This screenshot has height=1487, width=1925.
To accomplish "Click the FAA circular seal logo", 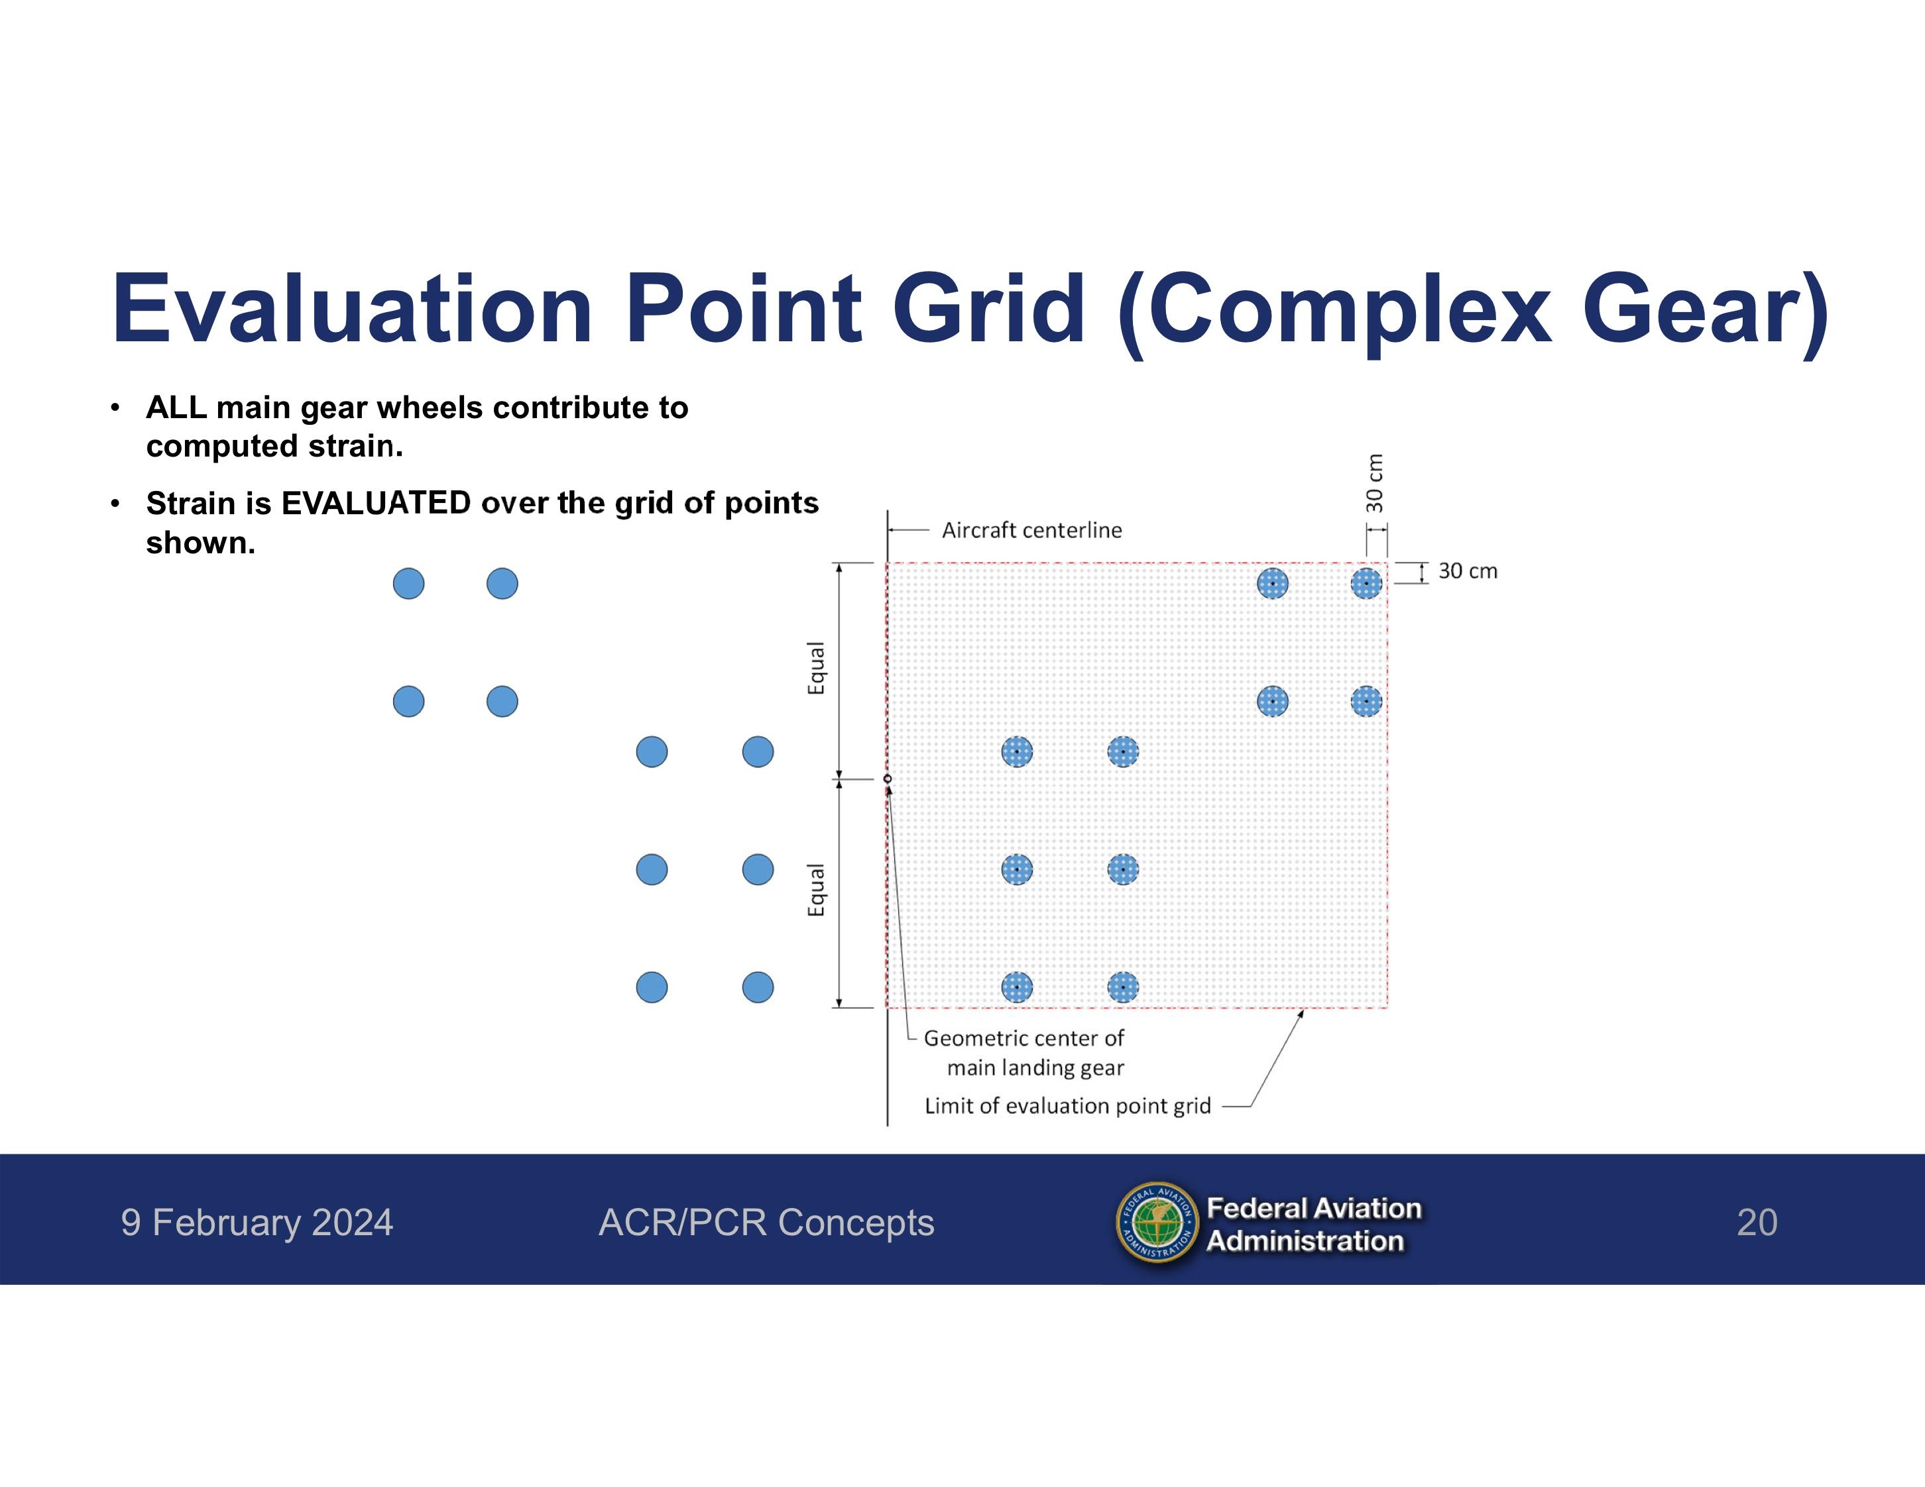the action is click(x=1157, y=1223).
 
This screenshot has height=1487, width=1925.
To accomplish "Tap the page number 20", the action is click(x=1757, y=1223).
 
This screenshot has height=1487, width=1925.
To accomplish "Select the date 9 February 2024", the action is click(x=257, y=1223).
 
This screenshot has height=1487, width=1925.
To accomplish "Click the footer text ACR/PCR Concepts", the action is click(x=766, y=1223).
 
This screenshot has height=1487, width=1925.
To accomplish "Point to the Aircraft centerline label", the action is click(x=1031, y=530).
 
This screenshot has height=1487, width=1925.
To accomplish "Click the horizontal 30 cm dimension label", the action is click(x=1468, y=571).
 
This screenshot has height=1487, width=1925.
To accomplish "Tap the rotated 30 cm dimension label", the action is click(x=1374, y=483).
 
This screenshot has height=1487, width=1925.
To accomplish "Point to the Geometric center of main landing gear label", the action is click(x=1024, y=1053).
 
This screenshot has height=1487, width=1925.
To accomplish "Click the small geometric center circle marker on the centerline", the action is click(x=888, y=779).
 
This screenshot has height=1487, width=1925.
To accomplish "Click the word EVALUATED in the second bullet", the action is click(x=375, y=503).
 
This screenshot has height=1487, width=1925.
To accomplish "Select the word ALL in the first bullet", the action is click(x=176, y=408).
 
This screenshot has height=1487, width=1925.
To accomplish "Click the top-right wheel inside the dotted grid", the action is click(x=1366, y=583).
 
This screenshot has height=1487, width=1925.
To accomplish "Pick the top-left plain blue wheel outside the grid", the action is click(x=408, y=583).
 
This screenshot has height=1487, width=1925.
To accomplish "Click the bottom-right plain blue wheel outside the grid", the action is click(x=758, y=987).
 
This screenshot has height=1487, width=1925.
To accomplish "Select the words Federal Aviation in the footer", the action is click(x=1313, y=1208).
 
